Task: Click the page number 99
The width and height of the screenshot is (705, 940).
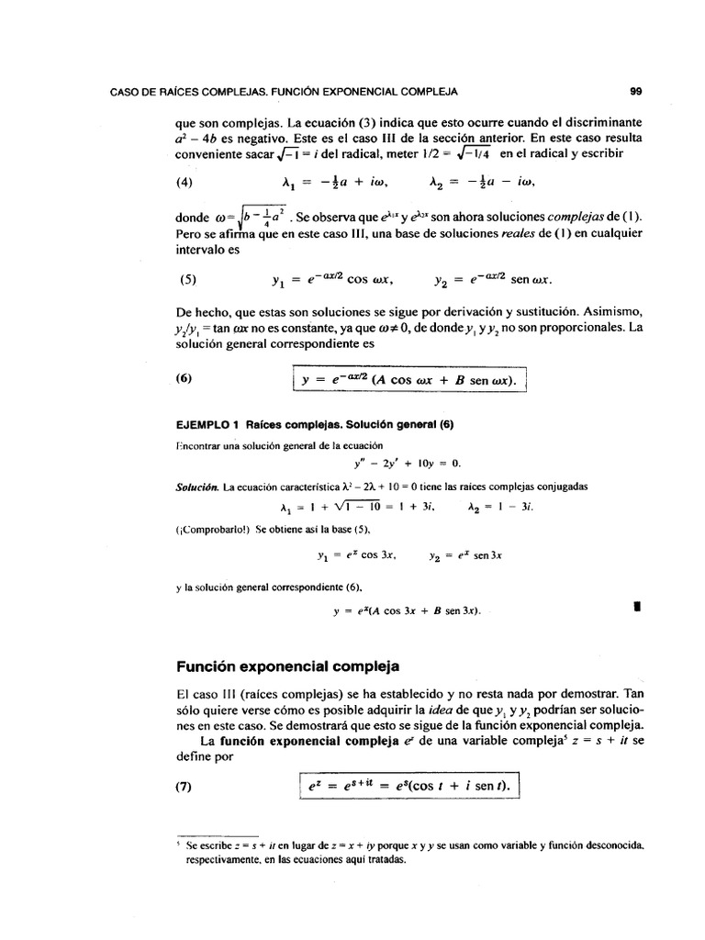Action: (635, 91)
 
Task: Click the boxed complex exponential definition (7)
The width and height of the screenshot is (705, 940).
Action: (408, 787)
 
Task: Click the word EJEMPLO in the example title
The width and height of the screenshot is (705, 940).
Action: (201, 424)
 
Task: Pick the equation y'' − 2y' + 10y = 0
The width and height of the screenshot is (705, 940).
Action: (397, 462)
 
